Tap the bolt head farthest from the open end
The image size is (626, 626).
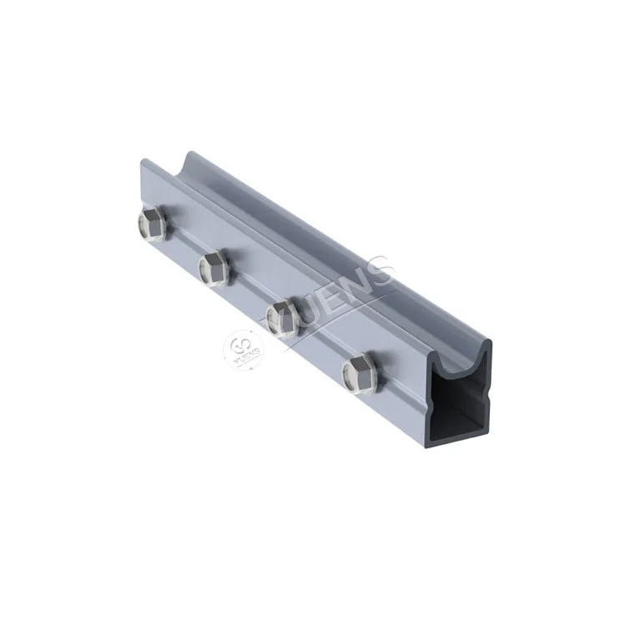pyautogui.click(x=151, y=223)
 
